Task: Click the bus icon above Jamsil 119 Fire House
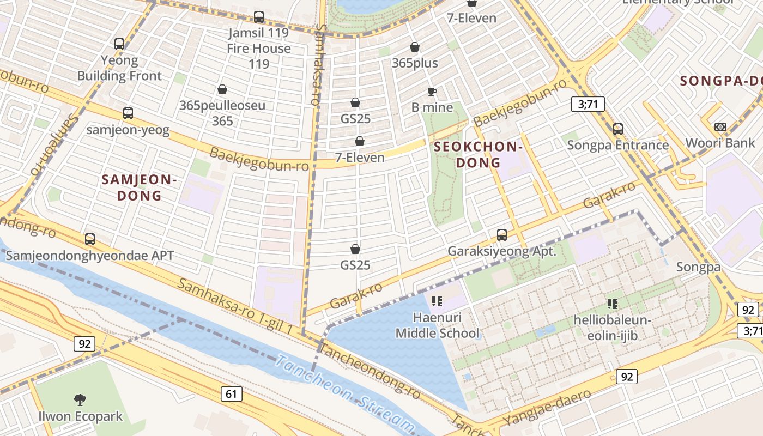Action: tap(259, 17)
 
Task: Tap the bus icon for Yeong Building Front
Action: tap(119, 44)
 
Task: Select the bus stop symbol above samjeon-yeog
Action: tap(128, 113)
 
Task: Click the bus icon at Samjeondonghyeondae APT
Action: tap(90, 239)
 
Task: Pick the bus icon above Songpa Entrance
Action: tap(618, 129)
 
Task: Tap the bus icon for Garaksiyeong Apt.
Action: tap(502, 235)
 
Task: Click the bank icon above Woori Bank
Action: tap(720, 127)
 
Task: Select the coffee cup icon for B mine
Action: tap(432, 92)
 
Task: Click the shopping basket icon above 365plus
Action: tap(415, 47)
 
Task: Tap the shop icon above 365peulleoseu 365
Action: tap(222, 89)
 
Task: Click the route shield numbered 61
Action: tap(232, 393)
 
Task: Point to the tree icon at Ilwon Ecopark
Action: tap(80, 400)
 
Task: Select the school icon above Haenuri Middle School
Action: tap(437, 301)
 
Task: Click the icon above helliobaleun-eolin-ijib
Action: tap(612, 304)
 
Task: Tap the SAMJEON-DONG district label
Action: tap(140, 187)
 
